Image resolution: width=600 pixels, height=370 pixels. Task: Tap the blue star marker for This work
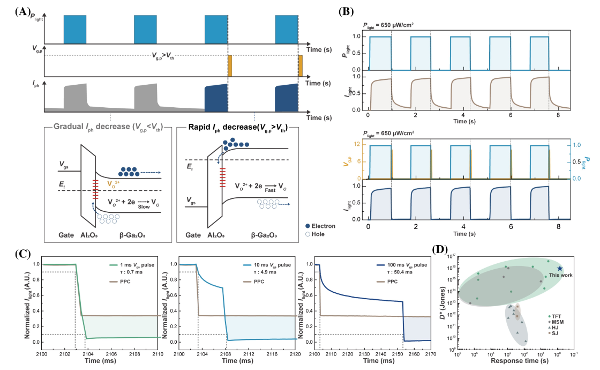click(x=559, y=269)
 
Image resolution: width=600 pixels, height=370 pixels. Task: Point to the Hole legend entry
click(x=317, y=235)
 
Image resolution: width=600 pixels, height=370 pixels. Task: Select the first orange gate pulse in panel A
click(x=230, y=65)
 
